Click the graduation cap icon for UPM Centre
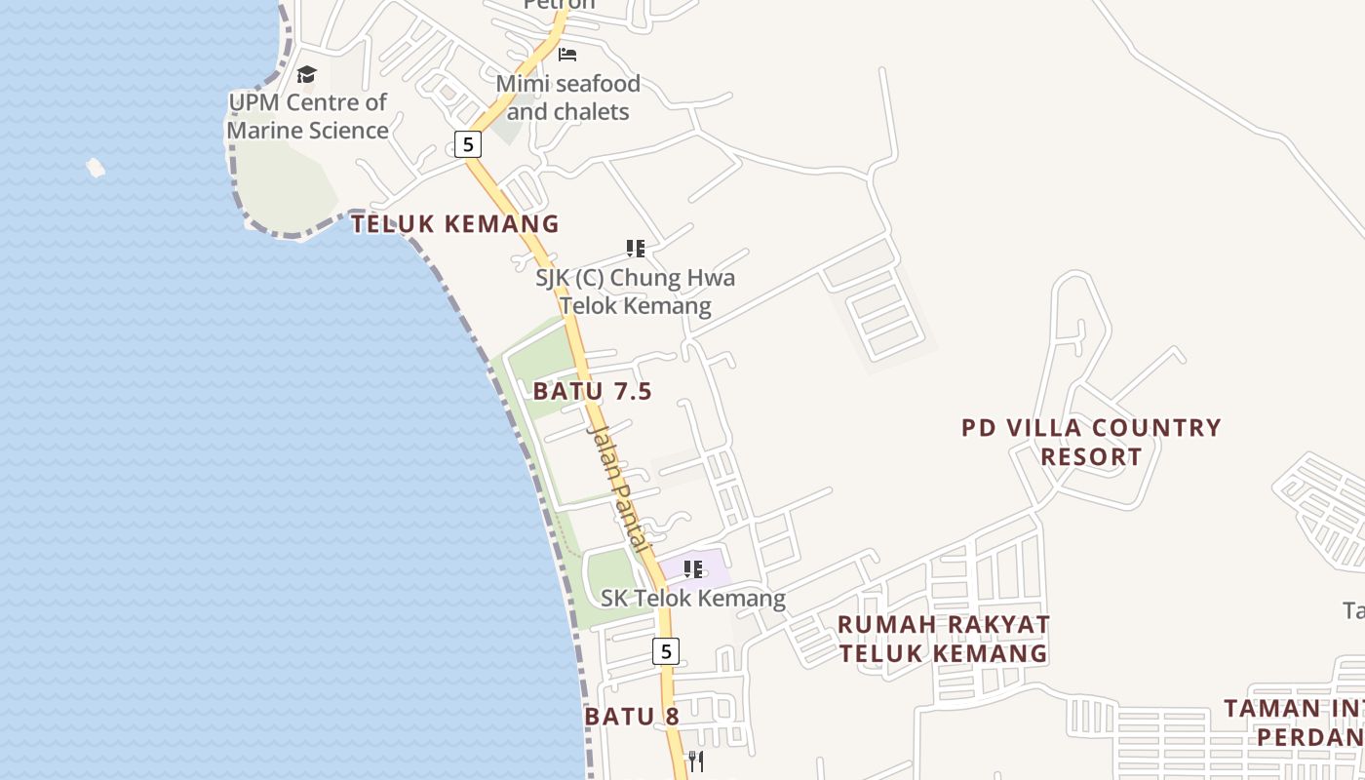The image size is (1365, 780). (307, 75)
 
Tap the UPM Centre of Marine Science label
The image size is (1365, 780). (308, 116)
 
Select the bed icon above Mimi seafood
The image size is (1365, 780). (567, 55)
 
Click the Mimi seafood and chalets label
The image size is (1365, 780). (568, 97)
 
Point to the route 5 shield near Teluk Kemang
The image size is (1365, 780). (468, 144)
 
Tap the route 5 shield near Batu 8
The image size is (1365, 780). (665, 650)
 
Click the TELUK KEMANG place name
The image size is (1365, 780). (455, 224)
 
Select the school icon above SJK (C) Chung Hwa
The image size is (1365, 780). (636, 249)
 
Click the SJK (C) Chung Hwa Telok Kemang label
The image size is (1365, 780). (636, 292)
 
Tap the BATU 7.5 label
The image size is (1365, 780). (593, 391)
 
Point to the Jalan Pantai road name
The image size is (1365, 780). (619, 488)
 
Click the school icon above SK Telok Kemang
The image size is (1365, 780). (693, 568)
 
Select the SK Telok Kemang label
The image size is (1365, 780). (693, 598)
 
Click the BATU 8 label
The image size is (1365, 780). (632, 717)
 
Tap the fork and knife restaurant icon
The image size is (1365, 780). (696, 761)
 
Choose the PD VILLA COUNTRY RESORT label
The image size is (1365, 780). (1091, 442)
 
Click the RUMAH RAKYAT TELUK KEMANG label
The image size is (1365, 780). (944, 639)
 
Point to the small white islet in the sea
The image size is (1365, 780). (96, 168)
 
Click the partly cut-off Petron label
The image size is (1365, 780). (559, 5)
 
